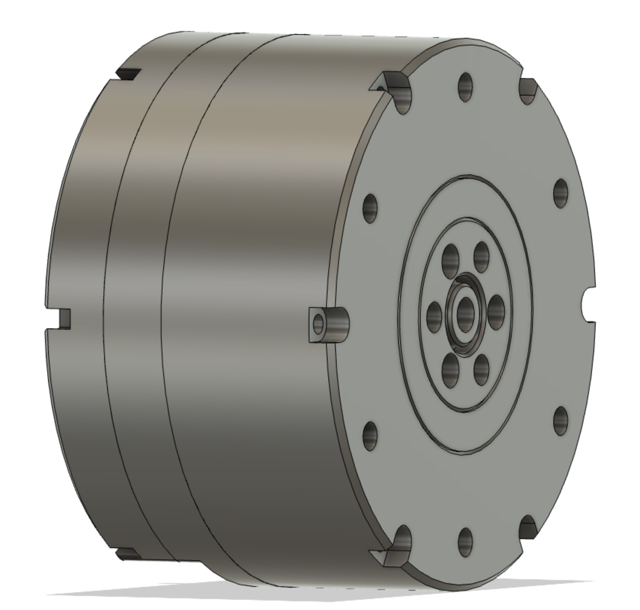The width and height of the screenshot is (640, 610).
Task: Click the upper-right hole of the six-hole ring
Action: pyautogui.click(x=481, y=257)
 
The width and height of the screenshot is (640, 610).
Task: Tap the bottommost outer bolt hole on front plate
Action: pyautogui.click(x=465, y=542)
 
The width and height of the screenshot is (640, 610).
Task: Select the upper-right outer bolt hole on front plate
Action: pyautogui.click(x=561, y=193)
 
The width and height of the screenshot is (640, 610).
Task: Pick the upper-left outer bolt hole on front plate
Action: pyautogui.click(x=370, y=209)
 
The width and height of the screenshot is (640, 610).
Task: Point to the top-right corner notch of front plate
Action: pyautogui.click(x=528, y=89)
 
